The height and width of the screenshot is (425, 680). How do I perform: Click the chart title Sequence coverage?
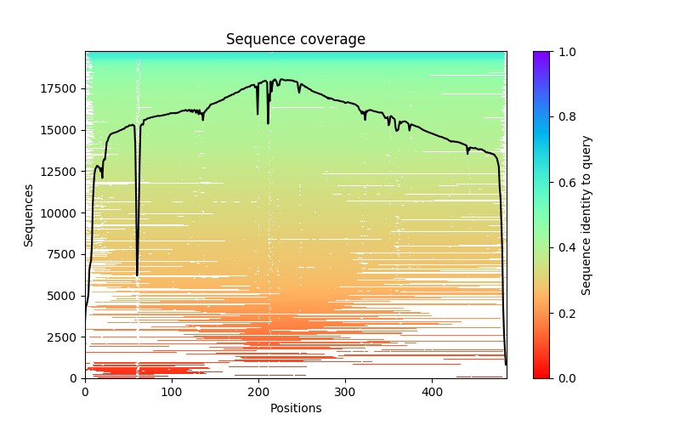(296, 39)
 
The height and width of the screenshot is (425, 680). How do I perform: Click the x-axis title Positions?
(296, 408)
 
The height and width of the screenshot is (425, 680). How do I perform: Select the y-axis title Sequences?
(29, 215)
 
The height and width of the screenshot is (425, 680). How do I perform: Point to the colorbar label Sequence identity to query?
(586, 215)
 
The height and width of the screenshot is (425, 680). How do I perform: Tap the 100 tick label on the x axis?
(172, 392)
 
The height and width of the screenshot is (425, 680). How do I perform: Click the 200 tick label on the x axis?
(258, 392)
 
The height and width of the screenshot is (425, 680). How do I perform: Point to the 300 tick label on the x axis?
(345, 392)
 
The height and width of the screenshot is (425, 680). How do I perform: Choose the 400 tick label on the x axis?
(432, 392)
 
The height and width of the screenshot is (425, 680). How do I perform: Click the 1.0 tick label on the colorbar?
(563, 52)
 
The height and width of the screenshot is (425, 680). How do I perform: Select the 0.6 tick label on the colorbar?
(563, 183)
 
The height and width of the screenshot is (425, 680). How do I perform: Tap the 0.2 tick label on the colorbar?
(563, 313)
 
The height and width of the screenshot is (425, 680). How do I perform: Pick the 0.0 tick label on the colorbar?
(563, 378)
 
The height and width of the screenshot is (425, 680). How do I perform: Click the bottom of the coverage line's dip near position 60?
(137, 275)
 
